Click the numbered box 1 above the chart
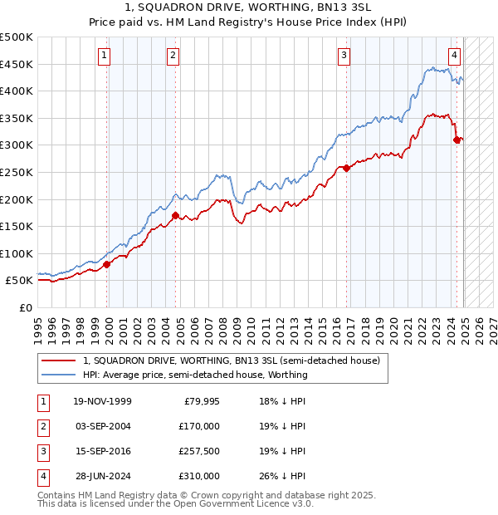point(105,56)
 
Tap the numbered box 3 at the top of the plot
point(343,56)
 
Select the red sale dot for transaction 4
point(456,140)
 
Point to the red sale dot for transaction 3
point(345,168)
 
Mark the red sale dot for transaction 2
point(175,215)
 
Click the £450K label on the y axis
point(17,64)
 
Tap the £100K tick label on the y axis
point(17,253)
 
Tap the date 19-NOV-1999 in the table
point(102,402)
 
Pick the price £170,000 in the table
point(199,426)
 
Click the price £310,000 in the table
point(199,476)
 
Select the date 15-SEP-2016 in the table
point(101,451)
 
